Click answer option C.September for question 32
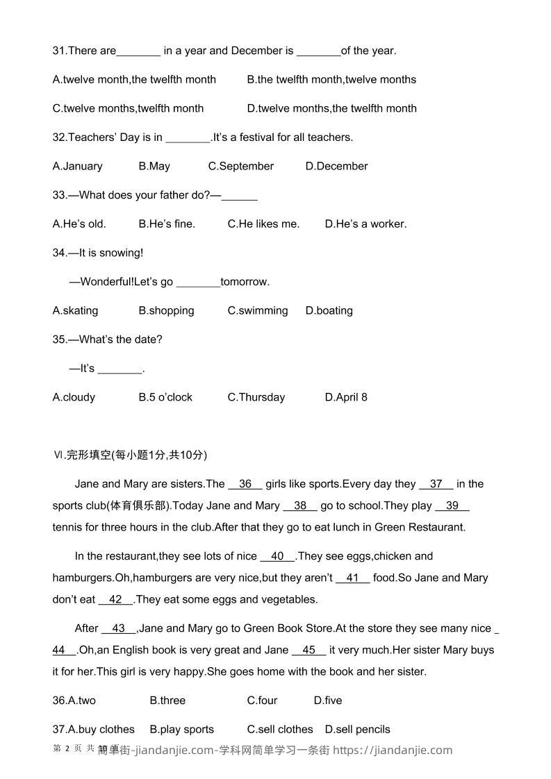click(240, 166)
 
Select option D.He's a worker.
click(365, 224)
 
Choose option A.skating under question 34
click(75, 310)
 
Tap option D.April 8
click(346, 397)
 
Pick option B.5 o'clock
click(165, 397)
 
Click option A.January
click(77, 166)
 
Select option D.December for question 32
click(336, 166)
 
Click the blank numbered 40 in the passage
click(278, 556)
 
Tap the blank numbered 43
click(119, 628)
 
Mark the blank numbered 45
click(309, 650)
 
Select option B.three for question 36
click(167, 701)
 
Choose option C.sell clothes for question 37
click(280, 729)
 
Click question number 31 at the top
click(59, 51)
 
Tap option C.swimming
click(257, 310)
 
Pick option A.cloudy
click(74, 397)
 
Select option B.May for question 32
click(154, 166)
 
